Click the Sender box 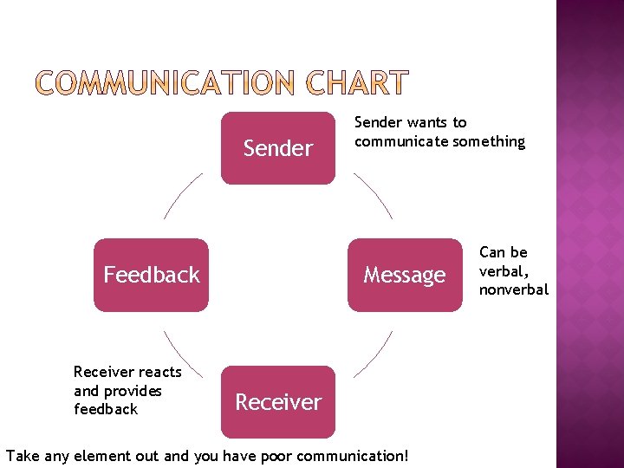tap(277, 148)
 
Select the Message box tap(405, 275)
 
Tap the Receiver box tap(278, 401)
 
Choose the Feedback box tap(152, 275)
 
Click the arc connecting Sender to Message tap(374, 194)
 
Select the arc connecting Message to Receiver tap(374, 354)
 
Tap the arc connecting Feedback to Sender tap(182, 196)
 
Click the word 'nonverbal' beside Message tap(514, 289)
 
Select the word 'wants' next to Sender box tap(430, 122)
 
